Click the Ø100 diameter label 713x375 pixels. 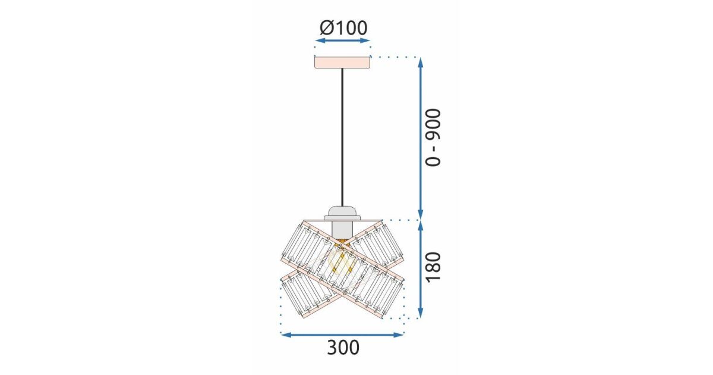(x=343, y=28)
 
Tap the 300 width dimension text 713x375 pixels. (x=343, y=348)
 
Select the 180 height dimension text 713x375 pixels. (x=434, y=267)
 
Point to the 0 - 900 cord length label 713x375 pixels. (x=434, y=137)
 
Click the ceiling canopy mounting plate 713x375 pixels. (x=342, y=62)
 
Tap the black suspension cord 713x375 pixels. (x=342, y=137)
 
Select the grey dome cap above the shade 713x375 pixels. (x=342, y=211)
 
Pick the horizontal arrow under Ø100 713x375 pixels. (x=342, y=40)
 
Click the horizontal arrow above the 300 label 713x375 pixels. (x=342, y=335)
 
